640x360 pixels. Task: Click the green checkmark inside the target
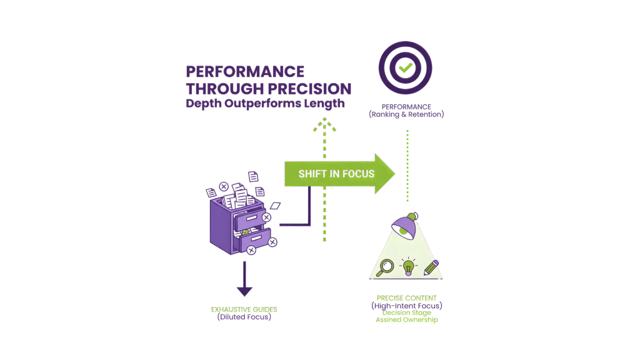[406, 66]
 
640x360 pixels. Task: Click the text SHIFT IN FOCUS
[336, 173]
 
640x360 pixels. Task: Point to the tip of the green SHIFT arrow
[394, 173]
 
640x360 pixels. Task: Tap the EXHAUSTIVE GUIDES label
[244, 309]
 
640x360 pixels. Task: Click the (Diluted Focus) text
[244, 317]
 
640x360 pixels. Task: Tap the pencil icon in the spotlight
[431, 267]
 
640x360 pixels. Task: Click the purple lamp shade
[404, 225]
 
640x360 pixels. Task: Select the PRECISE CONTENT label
[407, 298]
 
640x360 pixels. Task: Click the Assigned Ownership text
[407, 320]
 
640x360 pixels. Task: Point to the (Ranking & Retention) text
[406, 114]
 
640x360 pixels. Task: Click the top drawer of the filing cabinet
[249, 218]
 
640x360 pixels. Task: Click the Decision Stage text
[407, 312]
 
